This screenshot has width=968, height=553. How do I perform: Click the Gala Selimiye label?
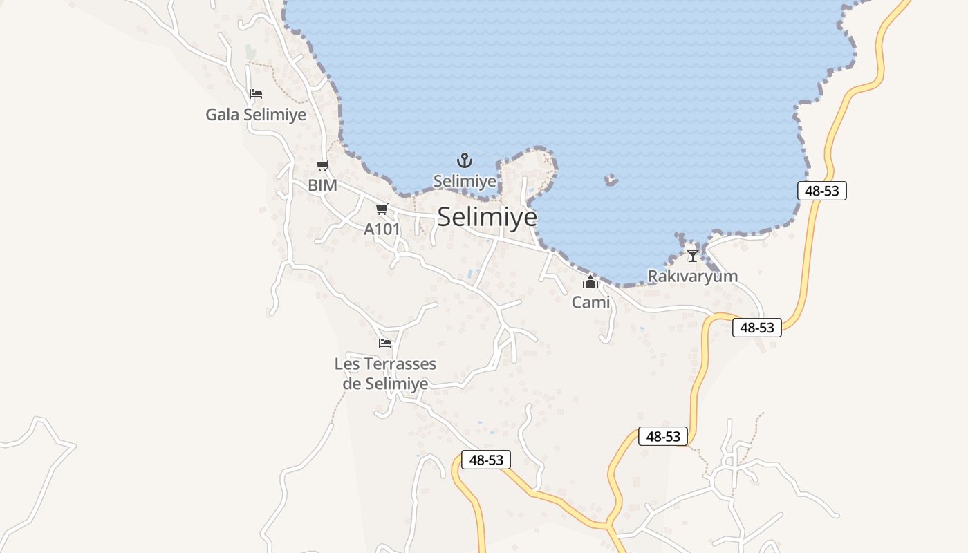(x=255, y=114)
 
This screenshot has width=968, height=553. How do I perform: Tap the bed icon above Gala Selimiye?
(x=256, y=94)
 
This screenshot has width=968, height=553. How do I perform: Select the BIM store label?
(x=322, y=185)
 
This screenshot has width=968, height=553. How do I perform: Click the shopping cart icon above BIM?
(x=322, y=165)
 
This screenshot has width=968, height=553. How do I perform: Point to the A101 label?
(x=382, y=229)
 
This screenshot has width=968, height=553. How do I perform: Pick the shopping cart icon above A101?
(x=382, y=209)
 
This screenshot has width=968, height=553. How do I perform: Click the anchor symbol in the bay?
(x=465, y=161)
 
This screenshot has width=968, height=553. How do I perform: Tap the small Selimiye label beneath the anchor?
(x=465, y=181)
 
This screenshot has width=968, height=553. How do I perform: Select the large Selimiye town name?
(x=487, y=217)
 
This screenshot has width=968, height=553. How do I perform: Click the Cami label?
(x=590, y=302)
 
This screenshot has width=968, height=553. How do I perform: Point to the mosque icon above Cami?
(x=590, y=282)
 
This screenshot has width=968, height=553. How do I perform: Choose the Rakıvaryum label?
(x=692, y=276)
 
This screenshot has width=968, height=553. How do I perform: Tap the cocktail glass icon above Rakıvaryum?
(x=692, y=256)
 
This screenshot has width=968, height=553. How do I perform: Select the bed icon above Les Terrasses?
(x=385, y=343)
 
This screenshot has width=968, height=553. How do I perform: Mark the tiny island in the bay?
(x=611, y=180)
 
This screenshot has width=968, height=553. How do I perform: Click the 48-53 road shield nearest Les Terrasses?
(x=486, y=460)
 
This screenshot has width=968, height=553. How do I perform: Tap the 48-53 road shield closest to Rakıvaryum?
(x=757, y=328)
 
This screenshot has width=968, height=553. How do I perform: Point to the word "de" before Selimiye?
(x=352, y=384)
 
